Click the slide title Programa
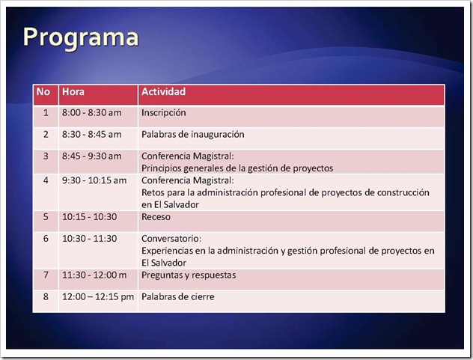(81, 38)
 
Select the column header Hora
(73, 92)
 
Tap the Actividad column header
(163, 92)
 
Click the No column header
(43, 92)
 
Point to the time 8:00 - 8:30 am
(92, 113)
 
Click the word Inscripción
(163, 113)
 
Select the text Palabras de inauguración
(193, 135)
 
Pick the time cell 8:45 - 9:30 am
(92, 156)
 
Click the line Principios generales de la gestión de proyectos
(237, 168)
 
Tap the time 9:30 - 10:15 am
(94, 180)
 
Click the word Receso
(156, 217)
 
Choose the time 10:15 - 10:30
(89, 217)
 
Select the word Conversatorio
(171, 239)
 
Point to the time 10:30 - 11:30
(89, 239)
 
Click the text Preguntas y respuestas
(189, 275)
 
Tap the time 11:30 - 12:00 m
(94, 275)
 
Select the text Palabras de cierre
(178, 297)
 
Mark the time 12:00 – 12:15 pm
(98, 297)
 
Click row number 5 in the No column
(46, 217)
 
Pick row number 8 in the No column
(46, 297)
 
